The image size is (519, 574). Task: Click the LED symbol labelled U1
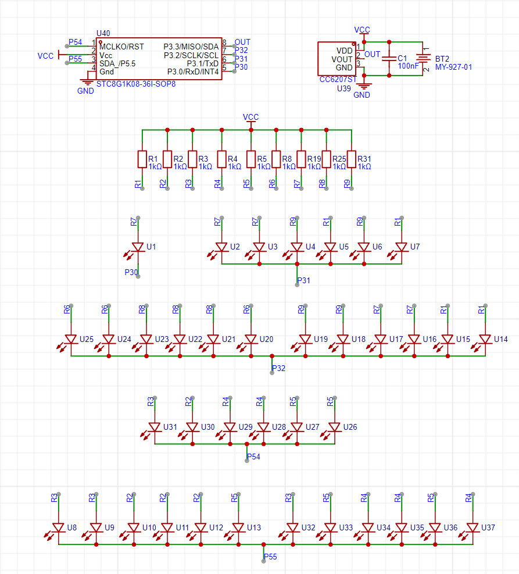point(136,249)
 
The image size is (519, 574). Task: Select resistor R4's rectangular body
point(221,159)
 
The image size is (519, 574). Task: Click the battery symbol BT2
point(423,59)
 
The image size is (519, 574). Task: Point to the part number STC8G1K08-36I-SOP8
point(136,84)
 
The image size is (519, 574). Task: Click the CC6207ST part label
point(338,80)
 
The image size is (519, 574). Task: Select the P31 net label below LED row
point(304,280)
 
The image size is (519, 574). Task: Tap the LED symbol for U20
point(249,341)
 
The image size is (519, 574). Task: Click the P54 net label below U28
point(253,457)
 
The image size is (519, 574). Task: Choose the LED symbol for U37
point(471,530)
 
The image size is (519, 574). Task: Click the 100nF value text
point(408,66)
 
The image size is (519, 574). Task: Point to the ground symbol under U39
point(364,87)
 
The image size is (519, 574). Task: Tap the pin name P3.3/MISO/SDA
point(191,47)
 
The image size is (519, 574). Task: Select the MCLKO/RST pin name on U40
point(122,47)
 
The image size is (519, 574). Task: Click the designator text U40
point(103,33)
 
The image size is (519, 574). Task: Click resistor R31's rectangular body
point(352,159)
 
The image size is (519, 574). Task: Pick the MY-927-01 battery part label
point(453,67)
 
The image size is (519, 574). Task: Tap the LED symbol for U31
point(153,429)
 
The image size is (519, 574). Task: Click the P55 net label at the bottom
point(270,557)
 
